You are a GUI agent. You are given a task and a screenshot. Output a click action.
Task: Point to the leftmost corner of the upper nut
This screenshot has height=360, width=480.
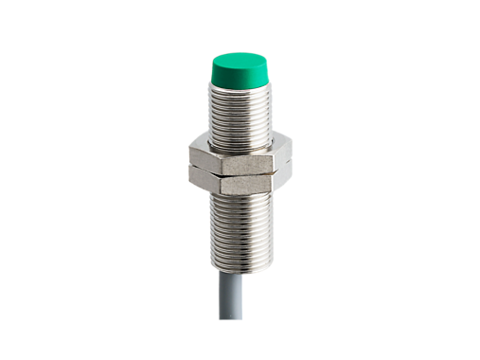[187, 150]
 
